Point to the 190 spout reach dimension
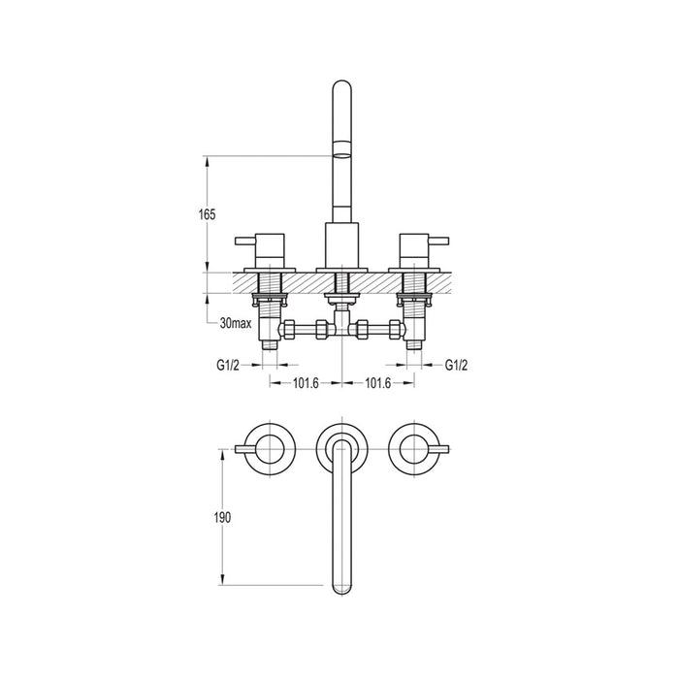point(221,517)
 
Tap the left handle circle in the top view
point(265,447)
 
